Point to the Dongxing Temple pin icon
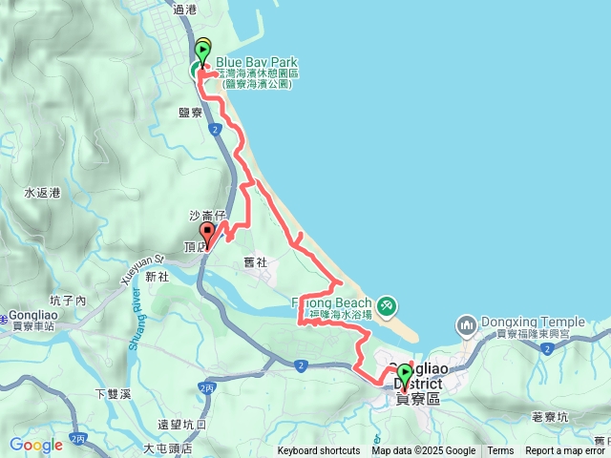pos(467,324)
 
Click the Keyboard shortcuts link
pos(319,451)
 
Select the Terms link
pos(500,451)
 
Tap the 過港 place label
pos(184,9)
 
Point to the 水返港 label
pos(43,193)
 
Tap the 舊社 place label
pos(256,262)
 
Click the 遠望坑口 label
pos(182,425)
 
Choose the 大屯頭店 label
pos(167,447)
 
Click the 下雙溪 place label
pos(113,393)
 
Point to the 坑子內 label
pos(69,301)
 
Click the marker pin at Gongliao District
pos(404,375)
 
